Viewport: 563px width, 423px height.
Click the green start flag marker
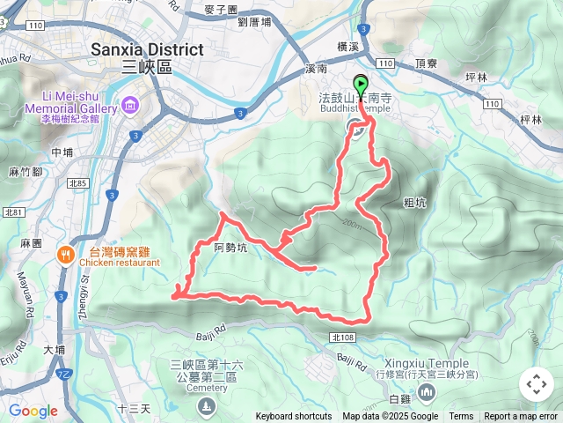pyautogui.click(x=362, y=86)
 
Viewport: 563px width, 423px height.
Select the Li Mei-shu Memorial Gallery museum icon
pyautogui.click(x=130, y=107)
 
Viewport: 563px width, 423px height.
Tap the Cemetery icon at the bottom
pyautogui.click(x=206, y=405)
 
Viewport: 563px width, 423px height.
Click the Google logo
pyautogui.click(x=33, y=411)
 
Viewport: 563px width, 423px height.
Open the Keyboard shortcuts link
pyautogui.click(x=293, y=417)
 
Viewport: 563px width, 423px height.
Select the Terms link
pyautogui.click(x=461, y=417)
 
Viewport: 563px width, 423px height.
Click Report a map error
pyautogui.click(x=521, y=417)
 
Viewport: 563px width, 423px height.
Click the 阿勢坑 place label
pyautogui.click(x=231, y=249)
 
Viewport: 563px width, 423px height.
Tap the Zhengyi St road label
pyautogui.click(x=87, y=292)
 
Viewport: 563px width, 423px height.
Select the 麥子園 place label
pyautogui.click(x=220, y=10)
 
